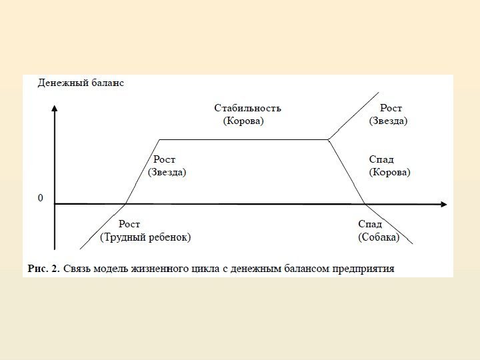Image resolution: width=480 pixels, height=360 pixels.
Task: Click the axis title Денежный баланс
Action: [x=80, y=83]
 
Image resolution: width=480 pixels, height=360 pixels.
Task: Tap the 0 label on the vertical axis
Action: [x=41, y=198]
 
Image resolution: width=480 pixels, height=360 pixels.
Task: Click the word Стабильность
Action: [x=247, y=108]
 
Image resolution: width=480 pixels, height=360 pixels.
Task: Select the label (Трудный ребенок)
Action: [x=145, y=237]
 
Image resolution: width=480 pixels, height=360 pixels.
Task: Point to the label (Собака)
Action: [x=379, y=237]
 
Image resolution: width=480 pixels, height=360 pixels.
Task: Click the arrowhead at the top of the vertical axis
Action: [x=55, y=107]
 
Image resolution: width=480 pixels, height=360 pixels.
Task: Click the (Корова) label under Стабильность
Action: [x=243, y=121]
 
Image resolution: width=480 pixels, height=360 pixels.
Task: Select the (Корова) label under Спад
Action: [x=389, y=172]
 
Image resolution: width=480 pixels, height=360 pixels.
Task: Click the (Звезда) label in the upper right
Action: [x=388, y=121]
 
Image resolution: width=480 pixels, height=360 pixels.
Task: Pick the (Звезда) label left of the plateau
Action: [x=167, y=172]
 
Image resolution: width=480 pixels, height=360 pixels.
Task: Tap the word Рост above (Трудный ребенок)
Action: [x=129, y=224]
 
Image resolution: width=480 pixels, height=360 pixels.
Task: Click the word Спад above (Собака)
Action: [x=370, y=224]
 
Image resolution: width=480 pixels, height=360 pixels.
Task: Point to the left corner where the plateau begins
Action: [x=159, y=140]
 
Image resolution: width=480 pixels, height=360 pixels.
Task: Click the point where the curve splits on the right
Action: [x=329, y=139]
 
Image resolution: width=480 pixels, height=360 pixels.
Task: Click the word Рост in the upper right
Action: [x=391, y=108]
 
